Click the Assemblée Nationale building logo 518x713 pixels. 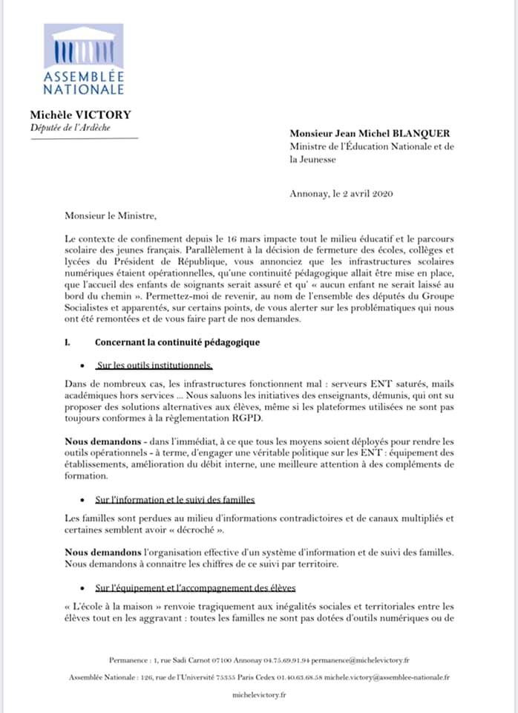pos(83,49)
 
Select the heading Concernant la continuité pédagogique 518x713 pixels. pos(177,343)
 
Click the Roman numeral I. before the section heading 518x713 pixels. pos(68,343)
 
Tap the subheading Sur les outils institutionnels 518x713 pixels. pos(154,365)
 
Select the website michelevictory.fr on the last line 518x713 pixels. pos(259,695)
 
